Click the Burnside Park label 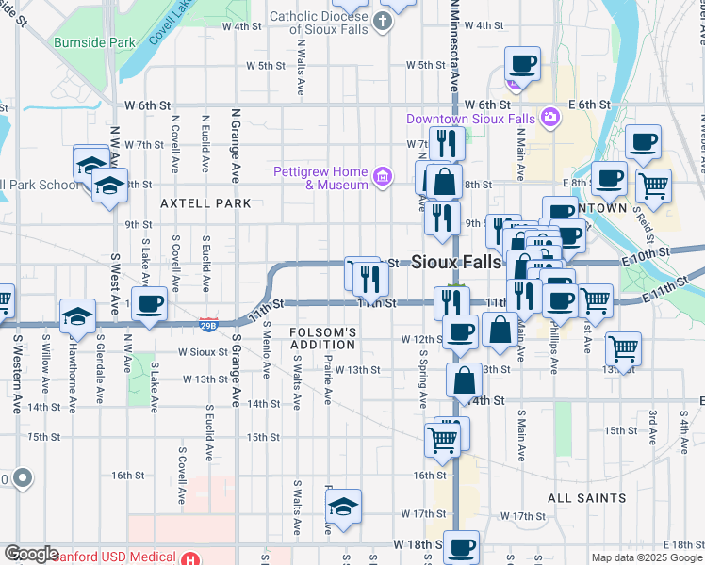click(x=94, y=42)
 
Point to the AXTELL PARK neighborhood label click(x=205, y=203)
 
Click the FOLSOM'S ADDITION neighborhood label click(x=322, y=339)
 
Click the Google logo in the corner click(x=30, y=555)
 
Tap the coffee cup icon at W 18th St click(x=461, y=547)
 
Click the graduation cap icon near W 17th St click(x=344, y=507)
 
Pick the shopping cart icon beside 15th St click(x=443, y=440)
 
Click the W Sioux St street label click(x=204, y=352)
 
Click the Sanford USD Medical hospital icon click(x=191, y=557)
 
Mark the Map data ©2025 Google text click(x=646, y=557)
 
